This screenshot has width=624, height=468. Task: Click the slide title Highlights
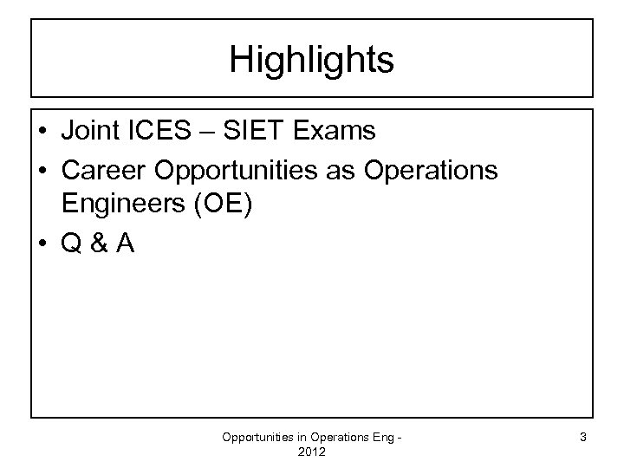coord(312,60)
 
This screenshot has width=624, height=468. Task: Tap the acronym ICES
coord(162,131)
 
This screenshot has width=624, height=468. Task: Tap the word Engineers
coord(116,208)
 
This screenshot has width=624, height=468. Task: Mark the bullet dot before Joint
coord(42,132)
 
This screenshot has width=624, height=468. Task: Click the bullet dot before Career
coord(42,171)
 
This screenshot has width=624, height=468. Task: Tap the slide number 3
coord(584,438)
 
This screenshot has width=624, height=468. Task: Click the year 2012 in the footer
coord(311,452)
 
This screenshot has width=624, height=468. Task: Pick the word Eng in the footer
coord(380,438)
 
